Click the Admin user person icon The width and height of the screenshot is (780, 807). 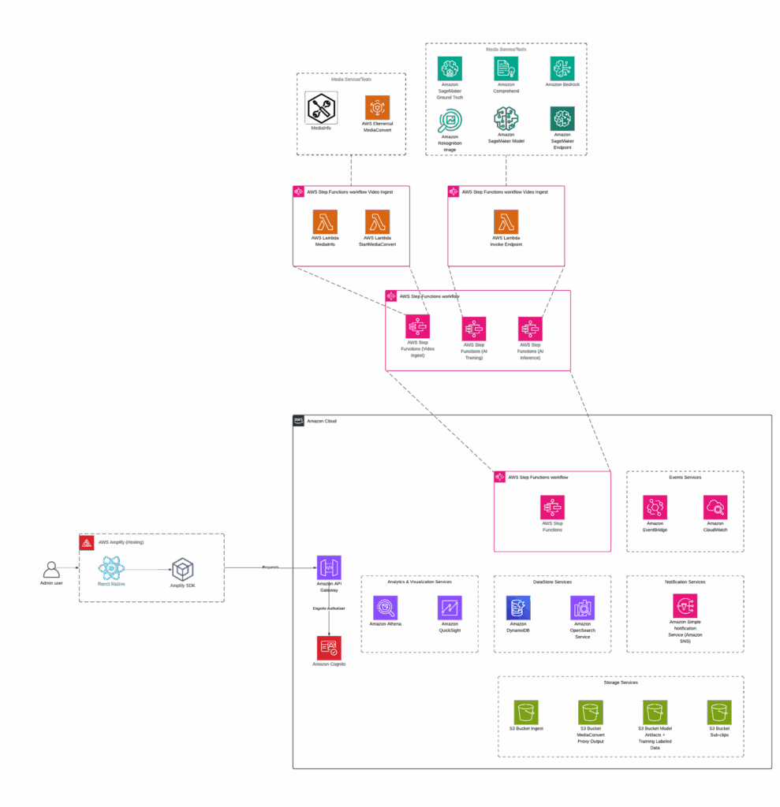point(50,569)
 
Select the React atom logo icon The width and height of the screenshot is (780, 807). point(111,569)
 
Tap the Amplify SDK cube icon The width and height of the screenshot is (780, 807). point(183,569)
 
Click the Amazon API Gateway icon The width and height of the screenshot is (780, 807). point(329,567)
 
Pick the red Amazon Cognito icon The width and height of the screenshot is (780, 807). point(329,648)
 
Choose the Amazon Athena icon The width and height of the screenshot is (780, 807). point(386,608)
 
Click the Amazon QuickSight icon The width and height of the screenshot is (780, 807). point(450,608)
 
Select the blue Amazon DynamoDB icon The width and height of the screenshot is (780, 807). point(518,608)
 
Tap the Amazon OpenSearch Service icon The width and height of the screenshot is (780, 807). point(582,608)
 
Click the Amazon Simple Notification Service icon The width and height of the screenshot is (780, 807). point(685,606)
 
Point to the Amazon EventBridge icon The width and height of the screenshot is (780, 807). point(655,507)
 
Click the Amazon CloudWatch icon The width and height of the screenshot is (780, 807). point(715,507)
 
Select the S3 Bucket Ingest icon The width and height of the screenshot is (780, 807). point(526,712)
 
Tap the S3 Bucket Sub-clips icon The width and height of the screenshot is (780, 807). point(719,712)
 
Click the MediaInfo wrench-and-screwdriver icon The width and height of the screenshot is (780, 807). point(321,107)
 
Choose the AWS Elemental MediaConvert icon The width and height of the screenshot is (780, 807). point(377,107)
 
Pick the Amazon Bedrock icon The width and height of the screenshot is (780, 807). point(562,68)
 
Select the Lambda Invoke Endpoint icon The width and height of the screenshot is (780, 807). point(506,222)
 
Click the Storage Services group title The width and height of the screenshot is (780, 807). point(621,682)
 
